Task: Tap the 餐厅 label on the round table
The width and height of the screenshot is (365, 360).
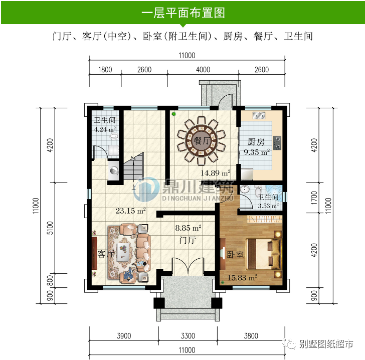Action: pyautogui.click(x=201, y=141)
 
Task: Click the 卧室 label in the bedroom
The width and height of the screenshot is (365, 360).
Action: pyautogui.click(x=235, y=255)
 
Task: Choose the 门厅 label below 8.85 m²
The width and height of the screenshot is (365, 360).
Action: pyautogui.click(x=187, y=241)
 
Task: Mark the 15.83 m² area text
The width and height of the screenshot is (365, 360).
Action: pyautogui.click(x=243, y=277)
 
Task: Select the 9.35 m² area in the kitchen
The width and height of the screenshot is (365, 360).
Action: pyautogui.click(x=257, y=152)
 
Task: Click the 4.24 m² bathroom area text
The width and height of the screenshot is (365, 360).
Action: pyautogui.click(x=105, y=129)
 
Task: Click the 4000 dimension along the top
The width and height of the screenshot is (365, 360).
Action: pyautogui.click(x=203, y=70)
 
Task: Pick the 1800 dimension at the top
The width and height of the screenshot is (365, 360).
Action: pyautogui.click(x=104, y=70)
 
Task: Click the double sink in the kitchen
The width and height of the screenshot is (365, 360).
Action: pyautogui.click(x=259, y=116)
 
